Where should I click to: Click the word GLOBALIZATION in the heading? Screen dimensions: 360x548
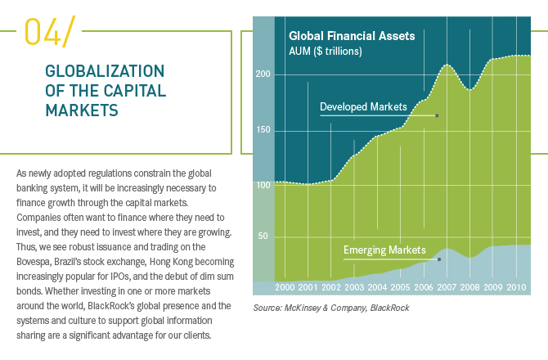[x=105, y=71]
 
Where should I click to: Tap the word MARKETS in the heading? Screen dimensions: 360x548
[x=80, y=108]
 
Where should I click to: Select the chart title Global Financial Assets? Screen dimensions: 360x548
[x=352, y=36]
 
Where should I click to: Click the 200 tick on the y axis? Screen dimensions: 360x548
[x=263, y=74]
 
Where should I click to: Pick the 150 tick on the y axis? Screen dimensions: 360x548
[x=263, y=130]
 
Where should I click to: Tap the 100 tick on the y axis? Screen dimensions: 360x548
[x=263, y=185]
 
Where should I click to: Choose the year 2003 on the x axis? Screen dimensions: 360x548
[x=354, y=288]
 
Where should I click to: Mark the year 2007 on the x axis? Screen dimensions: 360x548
[x=447, y=288]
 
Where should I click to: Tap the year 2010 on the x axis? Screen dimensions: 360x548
[x=516, y=288]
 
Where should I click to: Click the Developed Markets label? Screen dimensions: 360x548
[x=364, y=107]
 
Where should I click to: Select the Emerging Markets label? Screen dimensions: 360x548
[x=384, y=250]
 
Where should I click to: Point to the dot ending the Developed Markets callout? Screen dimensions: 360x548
[x=437, y=115]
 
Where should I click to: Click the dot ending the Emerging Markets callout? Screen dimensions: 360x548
[x=439, y=259]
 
